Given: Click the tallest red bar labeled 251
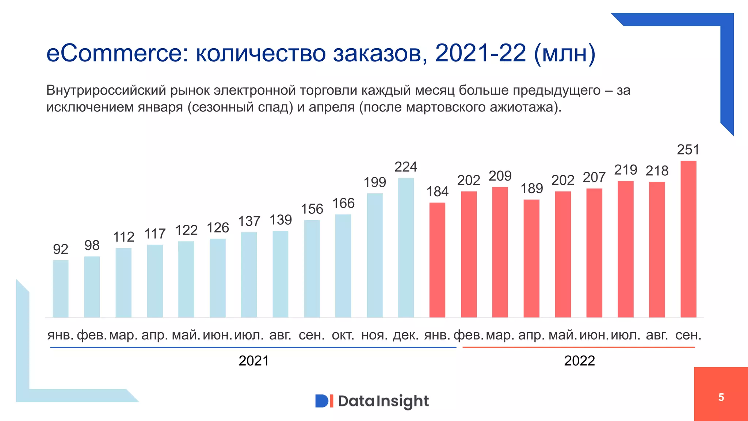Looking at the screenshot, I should point(688,239).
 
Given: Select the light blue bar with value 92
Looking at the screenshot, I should point(61,289).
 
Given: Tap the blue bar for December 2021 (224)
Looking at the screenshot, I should point(406,248).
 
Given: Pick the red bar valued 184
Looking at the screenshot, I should point(437,260).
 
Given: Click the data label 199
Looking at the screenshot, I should point(375,182).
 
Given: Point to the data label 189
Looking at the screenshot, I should point(531,189).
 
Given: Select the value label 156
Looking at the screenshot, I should point(312,209).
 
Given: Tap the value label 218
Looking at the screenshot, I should point(657,171).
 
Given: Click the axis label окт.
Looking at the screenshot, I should point(343,335).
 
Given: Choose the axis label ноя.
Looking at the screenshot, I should point(374,335).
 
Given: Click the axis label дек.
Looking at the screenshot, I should point(405,335).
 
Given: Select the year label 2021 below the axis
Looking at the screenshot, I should point(253,361).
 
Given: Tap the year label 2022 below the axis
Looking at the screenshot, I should point(579,361).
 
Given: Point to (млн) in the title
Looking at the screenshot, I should point(565,53).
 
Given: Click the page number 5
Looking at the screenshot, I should point(721,397).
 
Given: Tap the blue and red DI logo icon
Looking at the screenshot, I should point(324,401).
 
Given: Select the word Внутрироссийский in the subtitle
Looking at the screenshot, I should point(106,90).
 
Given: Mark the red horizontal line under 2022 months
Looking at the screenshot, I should point(579,347).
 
